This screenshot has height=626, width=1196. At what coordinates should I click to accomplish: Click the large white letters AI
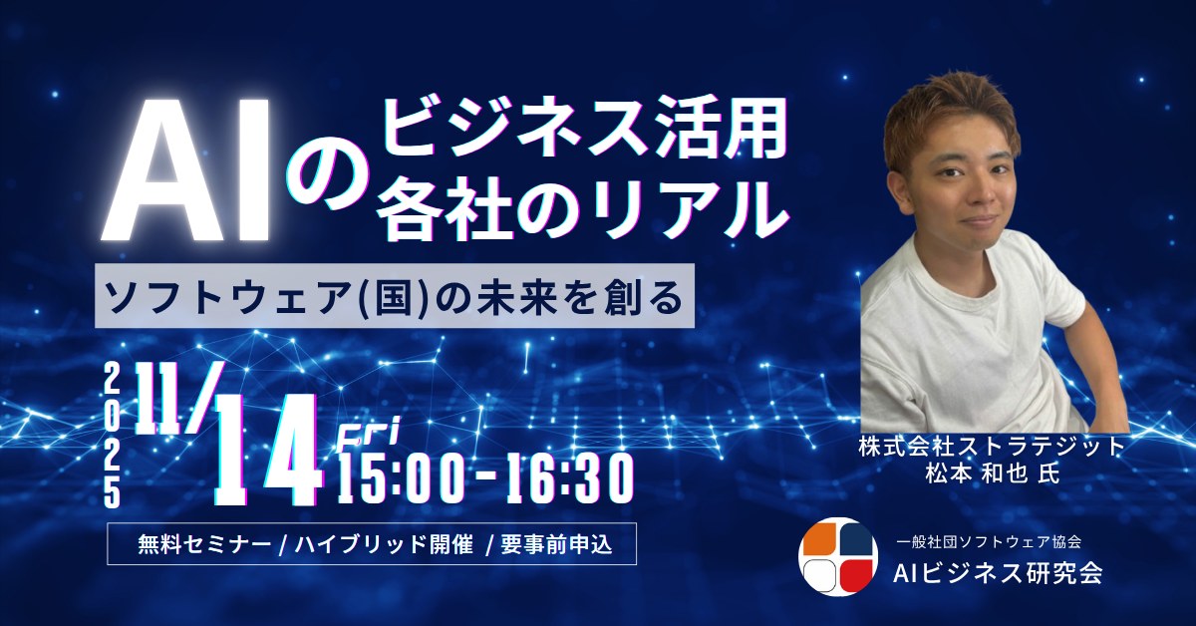click(x=185, y=168)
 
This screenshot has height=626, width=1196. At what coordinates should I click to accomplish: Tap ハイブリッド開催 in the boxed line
click(x=384, y=544)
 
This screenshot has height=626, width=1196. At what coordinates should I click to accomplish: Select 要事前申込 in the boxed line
click(x=556, y=544)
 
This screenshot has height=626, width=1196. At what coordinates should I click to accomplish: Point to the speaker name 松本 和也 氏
click(x=993, y=472)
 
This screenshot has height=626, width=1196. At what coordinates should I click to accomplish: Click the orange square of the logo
click(x=817, y=537)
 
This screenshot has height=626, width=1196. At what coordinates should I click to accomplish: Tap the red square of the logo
click(x=855, y=574)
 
